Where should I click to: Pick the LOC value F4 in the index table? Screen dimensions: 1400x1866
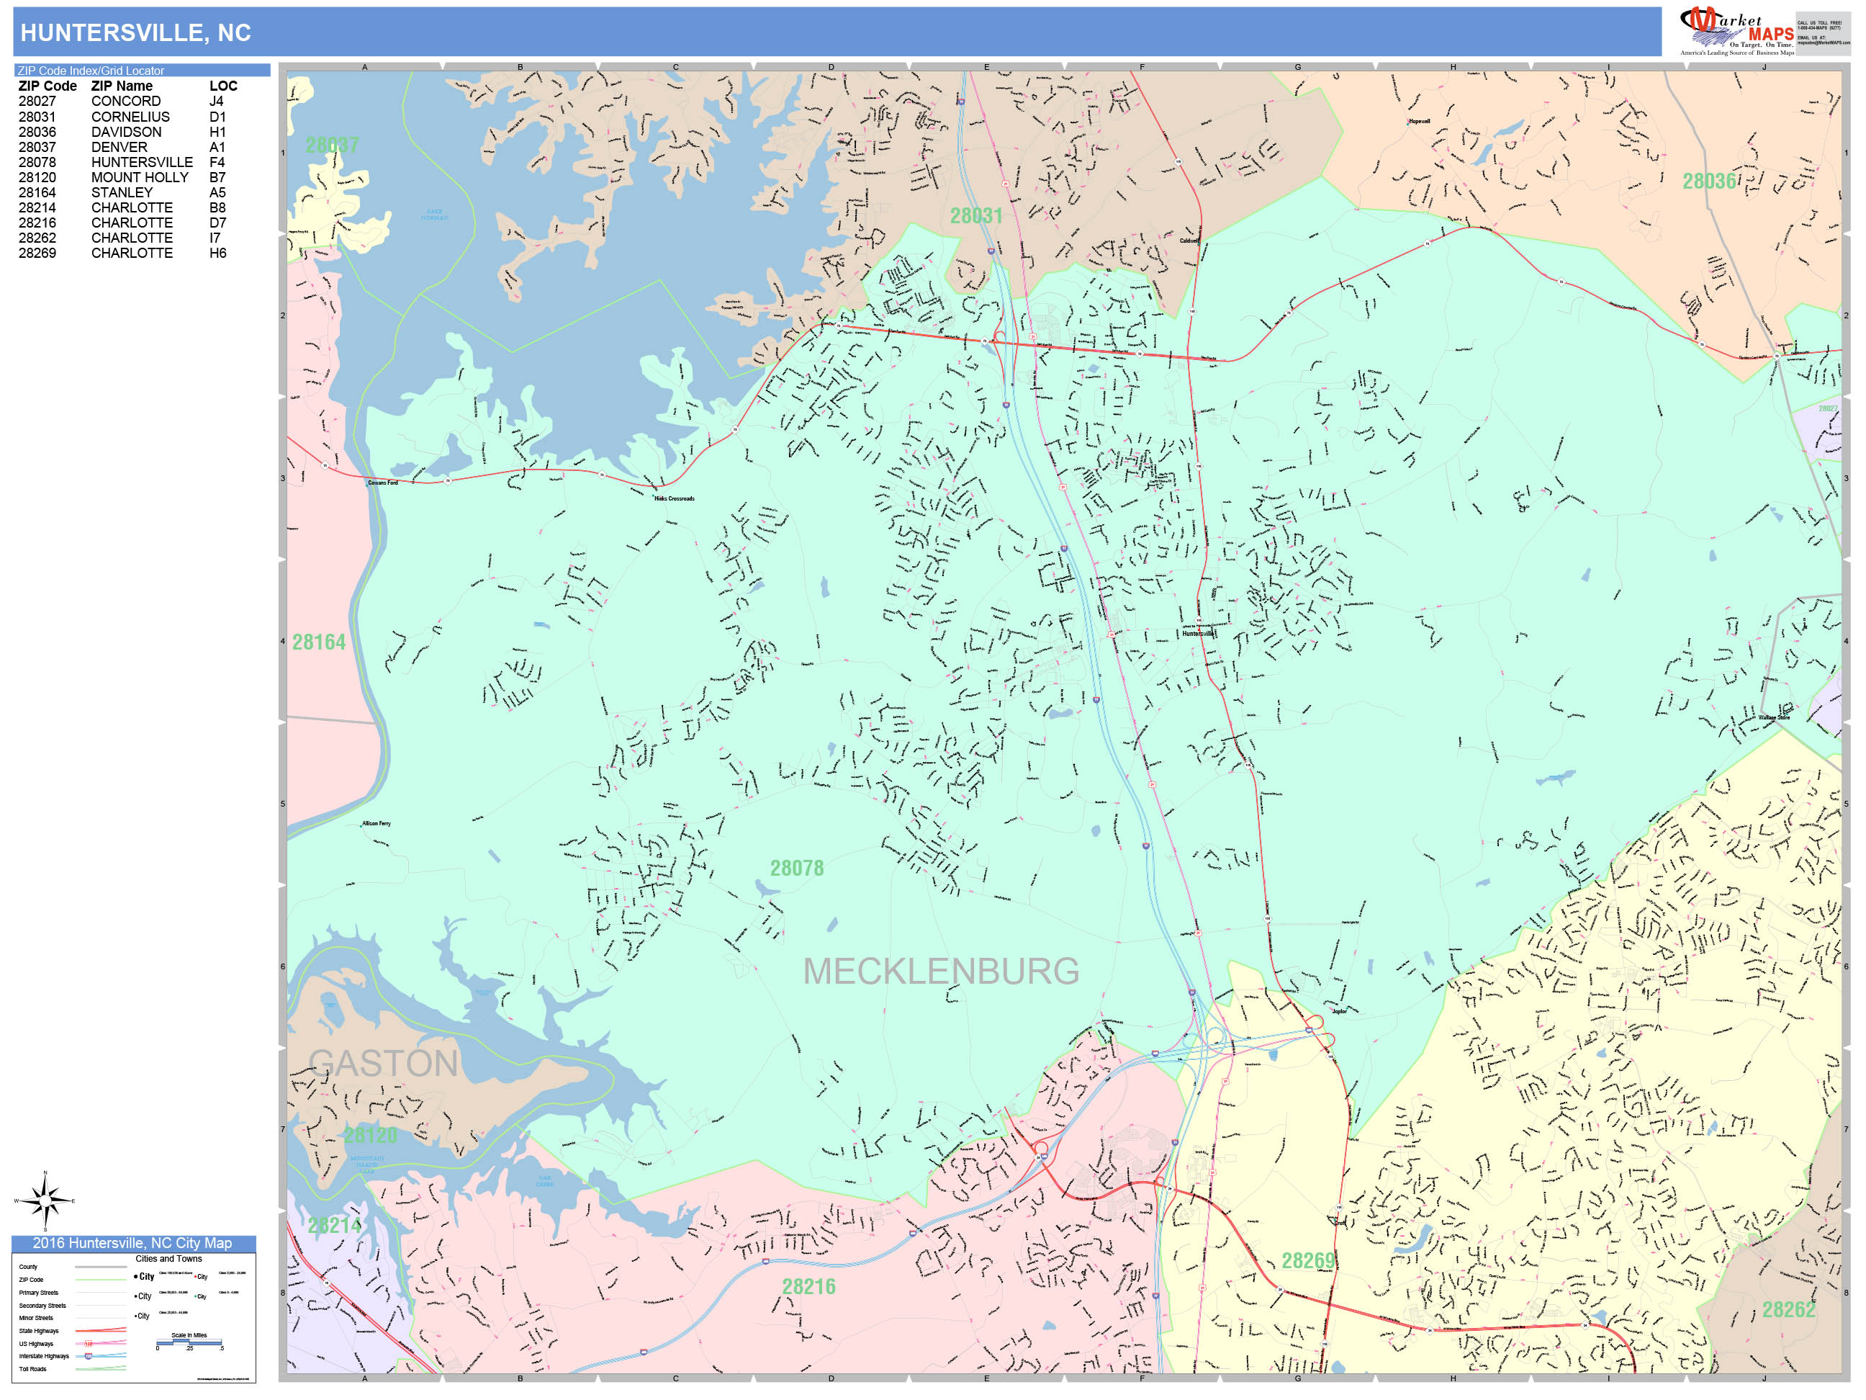pos(217,162)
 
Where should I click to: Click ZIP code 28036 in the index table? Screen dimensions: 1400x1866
pos(37,132)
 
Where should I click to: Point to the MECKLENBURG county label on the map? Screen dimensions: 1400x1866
pos(941,972)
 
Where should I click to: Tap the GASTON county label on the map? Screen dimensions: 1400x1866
pos(383,1063)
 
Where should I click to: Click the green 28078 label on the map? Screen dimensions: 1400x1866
pos(796,869)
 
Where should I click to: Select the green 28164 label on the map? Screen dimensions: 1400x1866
pos(319,642)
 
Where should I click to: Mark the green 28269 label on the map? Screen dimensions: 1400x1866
pos(1308,1261)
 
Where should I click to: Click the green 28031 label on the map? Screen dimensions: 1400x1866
pos(976,216)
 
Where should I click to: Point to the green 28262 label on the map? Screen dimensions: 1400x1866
pos(1788,1310)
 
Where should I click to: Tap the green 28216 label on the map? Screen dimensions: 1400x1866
pos(808,1287)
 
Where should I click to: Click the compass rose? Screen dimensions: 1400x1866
pos(45,1200)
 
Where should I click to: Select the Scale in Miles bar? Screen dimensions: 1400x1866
pos(189,1342)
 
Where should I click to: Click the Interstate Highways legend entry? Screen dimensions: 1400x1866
pos(44,1356)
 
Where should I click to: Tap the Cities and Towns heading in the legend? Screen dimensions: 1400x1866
pos(168,1258)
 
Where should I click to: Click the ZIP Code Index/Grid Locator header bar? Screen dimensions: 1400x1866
pos(142,71)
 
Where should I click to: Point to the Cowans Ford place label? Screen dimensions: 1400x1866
pos(382,483)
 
